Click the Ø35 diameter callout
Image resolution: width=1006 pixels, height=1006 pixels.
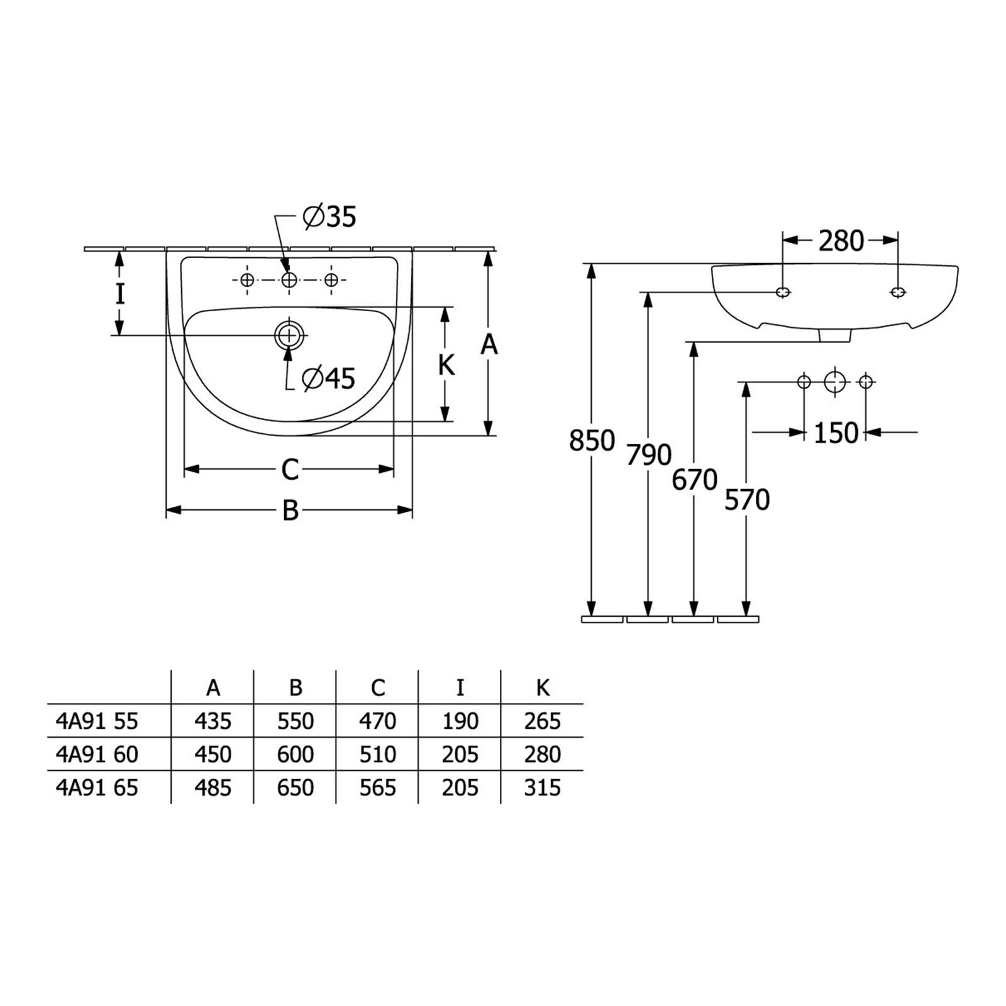pyautogui.click(x=329, y=217)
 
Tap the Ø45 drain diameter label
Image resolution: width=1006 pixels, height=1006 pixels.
pyautogui.click(x=329, y=379)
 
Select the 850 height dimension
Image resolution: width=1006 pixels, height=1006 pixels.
pyautogui.click(x=592, y=441)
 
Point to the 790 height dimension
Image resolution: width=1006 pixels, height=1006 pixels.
pyautogui.click(x=649, y=455)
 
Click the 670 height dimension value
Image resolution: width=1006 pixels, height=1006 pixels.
pyautogui.click(x=695, y=480)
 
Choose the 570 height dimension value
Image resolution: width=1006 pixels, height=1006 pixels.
pyautogui.click(x=747, y=500)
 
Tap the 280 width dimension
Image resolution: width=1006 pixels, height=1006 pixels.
pyautogui.click(x=841, y=241)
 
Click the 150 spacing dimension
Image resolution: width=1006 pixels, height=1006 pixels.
pyautogui.click(x=836, y=433)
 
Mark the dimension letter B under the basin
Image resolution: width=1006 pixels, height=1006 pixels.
pyautogui.click(x=290, y=511)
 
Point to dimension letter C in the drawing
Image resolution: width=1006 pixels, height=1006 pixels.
pyautogui.click(x=290, y=470)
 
